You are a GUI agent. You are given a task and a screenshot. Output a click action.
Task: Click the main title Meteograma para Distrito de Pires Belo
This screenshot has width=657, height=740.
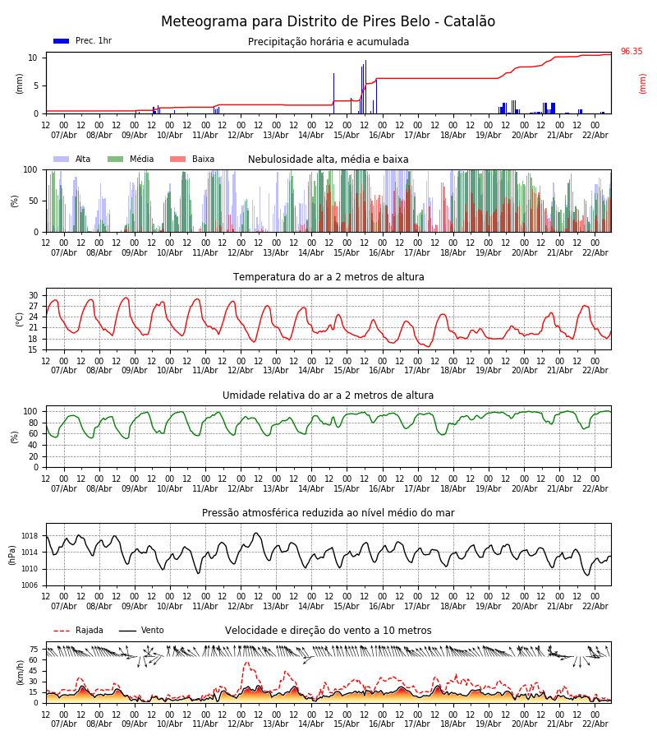point(328,22)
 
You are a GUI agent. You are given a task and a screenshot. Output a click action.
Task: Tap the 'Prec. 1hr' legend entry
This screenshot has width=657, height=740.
point(93,41)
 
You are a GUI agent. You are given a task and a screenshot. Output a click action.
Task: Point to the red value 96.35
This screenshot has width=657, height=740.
point(632,52)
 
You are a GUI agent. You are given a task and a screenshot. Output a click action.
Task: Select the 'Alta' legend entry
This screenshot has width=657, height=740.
point(83,160)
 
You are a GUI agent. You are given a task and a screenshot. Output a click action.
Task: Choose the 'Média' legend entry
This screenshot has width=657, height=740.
point(141,160)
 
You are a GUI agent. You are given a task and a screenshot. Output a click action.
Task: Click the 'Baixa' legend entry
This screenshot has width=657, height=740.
point(203,160)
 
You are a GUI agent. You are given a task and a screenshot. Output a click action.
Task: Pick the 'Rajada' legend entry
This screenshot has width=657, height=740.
point(89,631)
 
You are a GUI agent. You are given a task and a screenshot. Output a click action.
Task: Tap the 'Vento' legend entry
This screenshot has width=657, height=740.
point(152,631)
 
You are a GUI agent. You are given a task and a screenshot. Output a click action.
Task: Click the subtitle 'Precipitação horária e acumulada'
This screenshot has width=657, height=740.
point(328,42)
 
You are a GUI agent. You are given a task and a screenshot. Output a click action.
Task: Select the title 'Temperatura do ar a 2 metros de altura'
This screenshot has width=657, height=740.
point(328,277)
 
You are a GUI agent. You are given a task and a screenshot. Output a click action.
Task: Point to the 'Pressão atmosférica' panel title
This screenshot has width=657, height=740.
point(328,513)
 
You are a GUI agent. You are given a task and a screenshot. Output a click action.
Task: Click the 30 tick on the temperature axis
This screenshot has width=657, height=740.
point(34,295)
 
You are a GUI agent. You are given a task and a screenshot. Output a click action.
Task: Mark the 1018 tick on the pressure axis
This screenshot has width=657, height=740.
point(29,536)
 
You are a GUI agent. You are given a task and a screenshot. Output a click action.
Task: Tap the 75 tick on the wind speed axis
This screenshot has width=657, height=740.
point(34,649)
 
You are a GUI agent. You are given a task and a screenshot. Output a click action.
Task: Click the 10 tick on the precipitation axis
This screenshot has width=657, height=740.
point(34,58)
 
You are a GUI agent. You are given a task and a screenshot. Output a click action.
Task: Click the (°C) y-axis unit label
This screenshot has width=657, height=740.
point(20,319)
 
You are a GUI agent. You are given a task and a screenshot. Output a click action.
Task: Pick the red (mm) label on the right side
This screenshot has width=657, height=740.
point(643,83)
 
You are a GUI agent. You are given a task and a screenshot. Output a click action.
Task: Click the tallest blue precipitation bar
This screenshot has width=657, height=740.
point(365,86)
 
